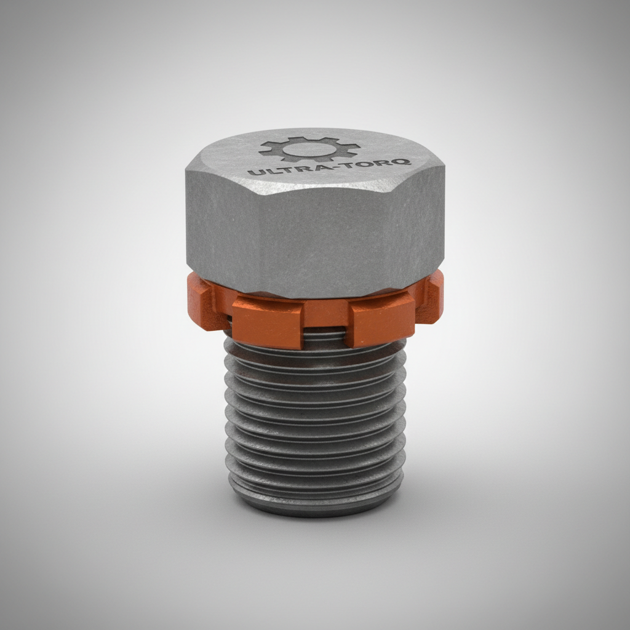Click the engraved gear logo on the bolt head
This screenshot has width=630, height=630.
[309, 149]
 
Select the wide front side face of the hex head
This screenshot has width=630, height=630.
[314, 240]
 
